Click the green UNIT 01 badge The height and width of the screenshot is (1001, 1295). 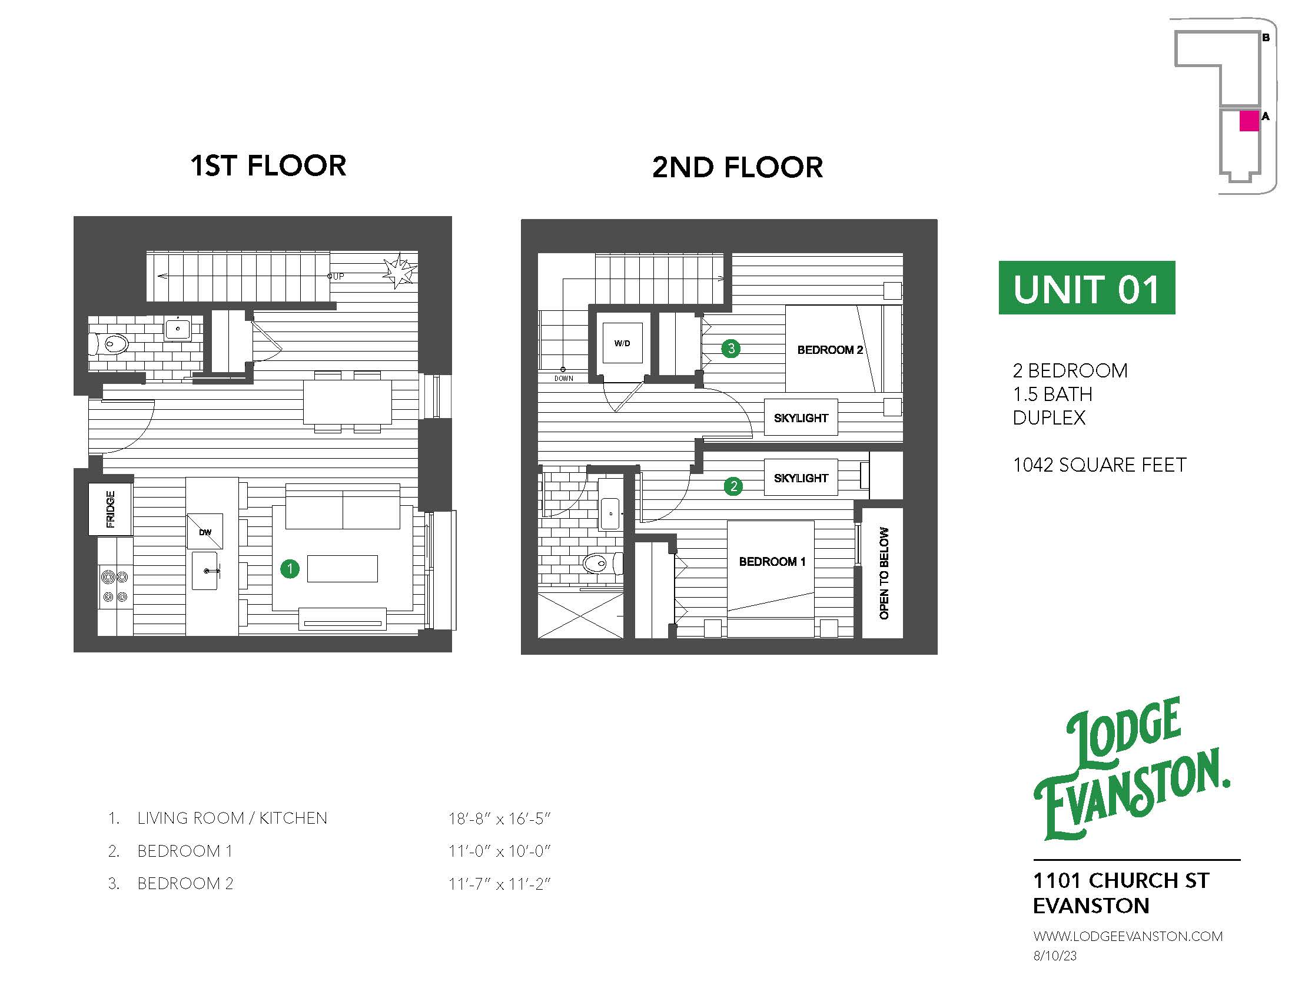[1086, 288]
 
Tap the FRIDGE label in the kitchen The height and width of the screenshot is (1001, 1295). [110, 509]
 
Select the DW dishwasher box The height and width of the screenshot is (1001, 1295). [205, 532]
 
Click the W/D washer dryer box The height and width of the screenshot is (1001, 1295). [622, 343]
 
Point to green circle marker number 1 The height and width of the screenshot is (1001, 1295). [290, 569]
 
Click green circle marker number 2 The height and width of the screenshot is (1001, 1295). [733, 486]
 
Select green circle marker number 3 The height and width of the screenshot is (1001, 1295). [730, 348]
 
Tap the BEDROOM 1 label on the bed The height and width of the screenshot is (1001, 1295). [772, 562]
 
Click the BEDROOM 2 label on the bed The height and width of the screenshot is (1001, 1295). [829, 350]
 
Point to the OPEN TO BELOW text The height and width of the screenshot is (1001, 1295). [884, 573]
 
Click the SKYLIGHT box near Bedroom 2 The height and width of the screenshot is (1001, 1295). [801, 418]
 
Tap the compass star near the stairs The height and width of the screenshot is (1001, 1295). [400, 271]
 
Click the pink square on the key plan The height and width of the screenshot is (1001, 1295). [1248, 121]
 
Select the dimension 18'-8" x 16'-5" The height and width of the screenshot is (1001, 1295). [499, 818]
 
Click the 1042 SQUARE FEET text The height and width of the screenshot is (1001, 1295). [1100, 465]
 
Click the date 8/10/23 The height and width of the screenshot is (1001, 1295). [1054, 956]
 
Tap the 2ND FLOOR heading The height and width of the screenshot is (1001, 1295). [737, 167]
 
